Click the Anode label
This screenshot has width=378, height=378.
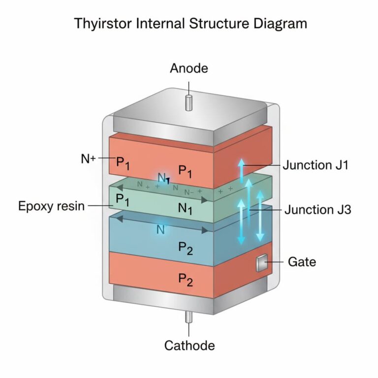pos(189,68)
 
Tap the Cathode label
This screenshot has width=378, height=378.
pos(189,346)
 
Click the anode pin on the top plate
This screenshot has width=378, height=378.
pos(189,102)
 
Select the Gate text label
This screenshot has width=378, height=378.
pos(302,262)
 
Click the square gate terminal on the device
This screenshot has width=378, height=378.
pos(261,264)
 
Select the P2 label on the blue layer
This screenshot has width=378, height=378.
pos(185,248)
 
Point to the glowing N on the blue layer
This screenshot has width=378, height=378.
pos(160,229)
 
